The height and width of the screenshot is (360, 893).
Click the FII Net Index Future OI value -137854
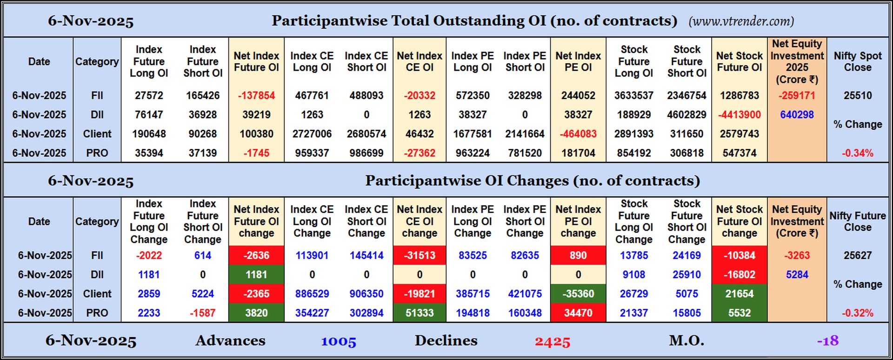pyautogui.click(x=256, y=95)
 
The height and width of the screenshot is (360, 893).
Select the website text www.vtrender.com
pyautogui.click(x=741, y=21)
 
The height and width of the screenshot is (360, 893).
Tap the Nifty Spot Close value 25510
pyautogui.click(x=857, y=95)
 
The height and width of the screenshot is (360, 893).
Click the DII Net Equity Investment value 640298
pyautogui.click(x=797, y=114)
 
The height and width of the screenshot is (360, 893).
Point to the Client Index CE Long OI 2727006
pyautogui.click(x=312, y=134)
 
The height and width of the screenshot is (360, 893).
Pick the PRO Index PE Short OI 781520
pyautogui.click(x=525, y=153)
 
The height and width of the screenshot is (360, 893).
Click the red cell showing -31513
pyautogui.click(x=420, y=255)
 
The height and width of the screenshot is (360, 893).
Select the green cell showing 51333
pyautogui.click(x=420, y=313)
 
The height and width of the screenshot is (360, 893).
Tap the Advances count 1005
pyautogui.click(x=338, y=341)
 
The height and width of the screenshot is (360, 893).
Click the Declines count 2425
pyautogui.click(x=552, y=341)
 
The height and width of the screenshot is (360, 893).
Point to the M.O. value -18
pyautogui.click(x=827, y=341)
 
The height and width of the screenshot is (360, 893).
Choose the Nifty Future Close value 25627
pyautogui.click(x=857, y=255)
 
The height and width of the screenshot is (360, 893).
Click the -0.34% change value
pyautogui.click(x=857, y=153)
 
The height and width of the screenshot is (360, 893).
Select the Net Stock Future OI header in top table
pyautogui.click(x=739, y=61)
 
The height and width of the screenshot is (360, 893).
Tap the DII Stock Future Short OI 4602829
pyautogui.click(x=686, y=114)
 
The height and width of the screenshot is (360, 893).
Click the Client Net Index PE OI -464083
pyautogui.click(x=578, y=134)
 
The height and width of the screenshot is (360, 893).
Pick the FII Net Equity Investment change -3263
pyautogui.click(x=797, y=255)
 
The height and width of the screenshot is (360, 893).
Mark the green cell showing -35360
pyautogui.click(x=578, y=294)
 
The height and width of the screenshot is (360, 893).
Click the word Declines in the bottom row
pyautogui.click(x=446, y=340)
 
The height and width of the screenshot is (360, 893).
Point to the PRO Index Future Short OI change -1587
pyautogui.click(x=202, y=313)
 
